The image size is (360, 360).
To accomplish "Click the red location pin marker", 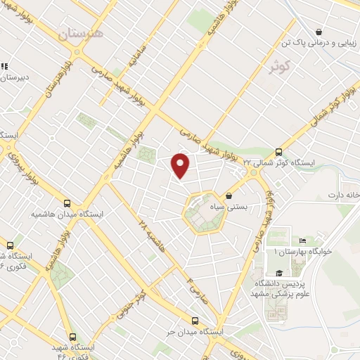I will [x=181, y=165].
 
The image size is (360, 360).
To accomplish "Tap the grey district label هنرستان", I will [x=80, y=32].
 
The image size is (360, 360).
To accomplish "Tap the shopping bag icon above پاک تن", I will [x=319, y=32].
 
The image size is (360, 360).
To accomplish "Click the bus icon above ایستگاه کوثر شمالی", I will [x=279, y=151].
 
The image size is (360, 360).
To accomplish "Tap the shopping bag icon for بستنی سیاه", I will [x=229, y=195].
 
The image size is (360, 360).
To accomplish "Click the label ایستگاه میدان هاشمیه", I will [x=67, y=213].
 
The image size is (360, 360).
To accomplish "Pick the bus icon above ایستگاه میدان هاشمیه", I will [x=67, y=202].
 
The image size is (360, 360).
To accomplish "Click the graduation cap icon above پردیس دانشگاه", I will [x=279, y=273].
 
